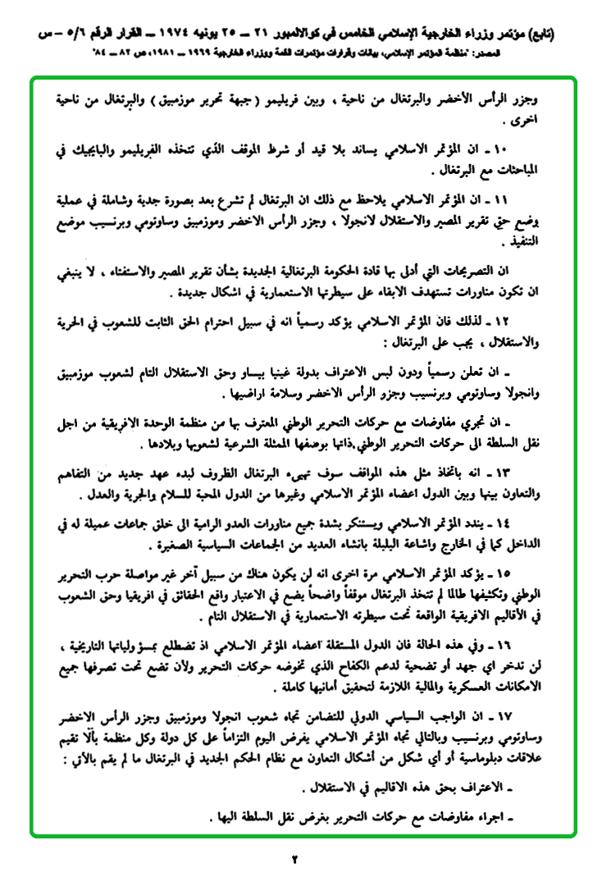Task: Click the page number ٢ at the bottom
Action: (297, 859)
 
